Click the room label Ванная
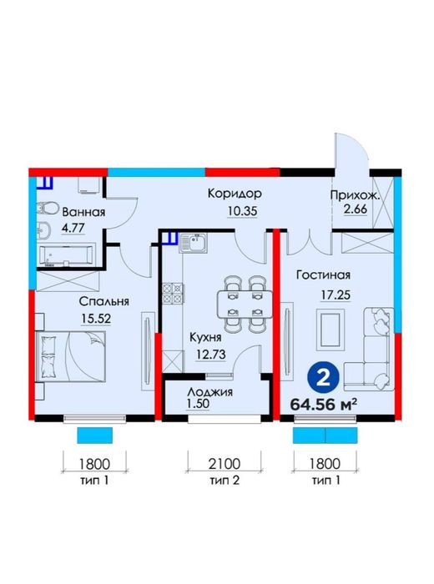click(x=83, y=212)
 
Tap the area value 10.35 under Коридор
click(x=243, y=212)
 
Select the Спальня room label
click(x=104, y=301)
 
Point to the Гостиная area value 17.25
click(x=336, y=295)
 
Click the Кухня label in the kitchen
click(x=205, y=338)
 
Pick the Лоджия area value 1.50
click(x=199, y=403)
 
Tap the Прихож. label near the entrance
click(x=355, y=195)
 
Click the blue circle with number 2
click(x=323, y=378)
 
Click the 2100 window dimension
click(x=225, y=464)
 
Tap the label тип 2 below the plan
click(x=225, y=481)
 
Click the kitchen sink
click(x=193, y=243)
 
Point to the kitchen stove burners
click(x=173, y=294)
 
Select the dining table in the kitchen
click(x=245, y=305)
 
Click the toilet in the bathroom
click(x=48, y=208)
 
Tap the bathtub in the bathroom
click(x=66, y=255)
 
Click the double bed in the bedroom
click(x=71, y=356)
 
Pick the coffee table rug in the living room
click(x=331, y=330)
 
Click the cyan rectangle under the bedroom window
click(x=95, y=435)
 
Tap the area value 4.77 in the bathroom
click(x=73, y=228)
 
